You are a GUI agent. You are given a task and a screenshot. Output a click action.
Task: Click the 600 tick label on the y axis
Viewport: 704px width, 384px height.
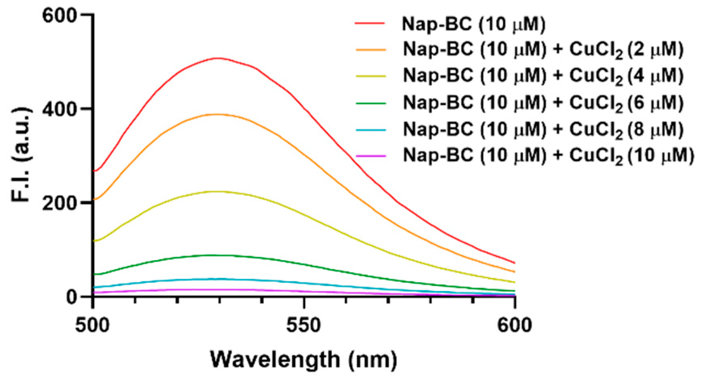click(60, 15)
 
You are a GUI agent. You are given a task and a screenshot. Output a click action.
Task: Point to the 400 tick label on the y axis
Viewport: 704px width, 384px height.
click(60, 109)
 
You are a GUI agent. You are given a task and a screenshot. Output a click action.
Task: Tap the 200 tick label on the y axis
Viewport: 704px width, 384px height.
click(60, 203)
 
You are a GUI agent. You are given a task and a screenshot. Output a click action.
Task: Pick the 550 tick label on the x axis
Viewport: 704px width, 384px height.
click(304, 325)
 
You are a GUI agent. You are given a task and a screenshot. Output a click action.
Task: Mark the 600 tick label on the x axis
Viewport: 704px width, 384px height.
click(514, 325)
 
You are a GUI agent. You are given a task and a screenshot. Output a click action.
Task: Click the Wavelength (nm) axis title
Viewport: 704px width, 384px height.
click(303, 360)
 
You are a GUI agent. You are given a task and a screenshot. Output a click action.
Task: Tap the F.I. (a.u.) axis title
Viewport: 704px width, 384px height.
click(21, 155)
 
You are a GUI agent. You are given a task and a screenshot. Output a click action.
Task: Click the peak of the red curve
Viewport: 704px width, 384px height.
click(218, 58)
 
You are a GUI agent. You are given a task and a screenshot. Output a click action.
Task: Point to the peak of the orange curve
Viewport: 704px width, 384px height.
click(218, 114)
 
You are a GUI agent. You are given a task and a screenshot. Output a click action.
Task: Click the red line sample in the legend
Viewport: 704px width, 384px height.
click(370, 24)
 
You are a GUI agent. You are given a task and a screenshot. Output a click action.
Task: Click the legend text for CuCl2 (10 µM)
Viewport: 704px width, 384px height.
click(548, 156)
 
